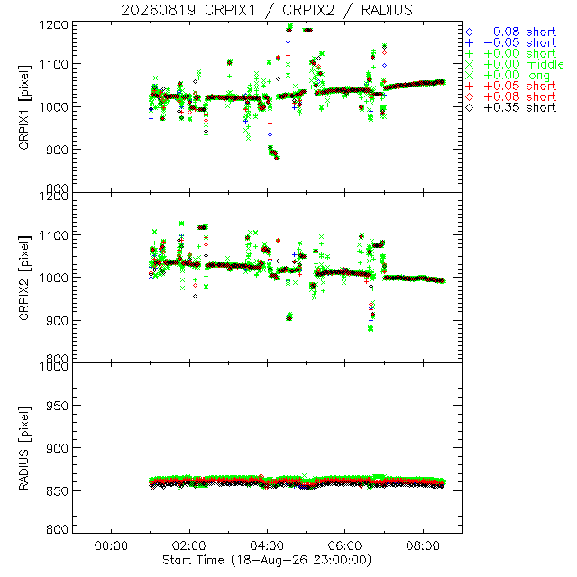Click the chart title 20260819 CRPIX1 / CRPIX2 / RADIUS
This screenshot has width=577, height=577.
pyautogui.click(x=267, y=10)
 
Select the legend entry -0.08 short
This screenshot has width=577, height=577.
pyautogui.click(x=511, y=32)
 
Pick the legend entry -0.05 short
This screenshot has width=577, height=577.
pyautogui.click(x=511, y=42)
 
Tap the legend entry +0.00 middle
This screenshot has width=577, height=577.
pyautogui.click(x=515, y=64)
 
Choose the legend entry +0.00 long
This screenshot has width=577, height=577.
pyautogui.click(x=508, y=76)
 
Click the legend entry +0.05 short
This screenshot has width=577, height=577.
pyautogui.click(x=511, y=87)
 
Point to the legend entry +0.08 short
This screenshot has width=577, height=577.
pyautogui.click(x=511, y=96)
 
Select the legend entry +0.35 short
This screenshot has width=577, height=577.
pyautogui.click(x=511, y=108)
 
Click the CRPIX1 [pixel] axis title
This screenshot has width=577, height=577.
pyautogui.click(x=24, y=107)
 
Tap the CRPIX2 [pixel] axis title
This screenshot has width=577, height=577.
pyautogui.click(x=24, y=278)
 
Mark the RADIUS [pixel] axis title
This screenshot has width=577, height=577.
pyautogui.click(x=24, y=448)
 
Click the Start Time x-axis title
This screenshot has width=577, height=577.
pyautogui.click(x=267, y=560)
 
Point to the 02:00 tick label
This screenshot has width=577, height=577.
pyautogui.click(x=189, y=545)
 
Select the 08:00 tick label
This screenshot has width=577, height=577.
pyautogui.click(x=423, y=545)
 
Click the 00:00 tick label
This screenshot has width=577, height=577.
pyautogui.click(x=111, y=545)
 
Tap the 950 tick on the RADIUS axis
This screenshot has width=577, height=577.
pyautogui.click(x=57, y=406)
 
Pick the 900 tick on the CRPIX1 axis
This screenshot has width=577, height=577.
pyautogui.click(x=57, y=151)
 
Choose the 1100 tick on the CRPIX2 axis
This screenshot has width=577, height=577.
pyautogui.click(x=54, y=235)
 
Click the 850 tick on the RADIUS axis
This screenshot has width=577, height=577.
pyautogui.click(x=57, y=490)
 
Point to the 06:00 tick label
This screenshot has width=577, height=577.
pyautogui.click(x=344, y=545)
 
